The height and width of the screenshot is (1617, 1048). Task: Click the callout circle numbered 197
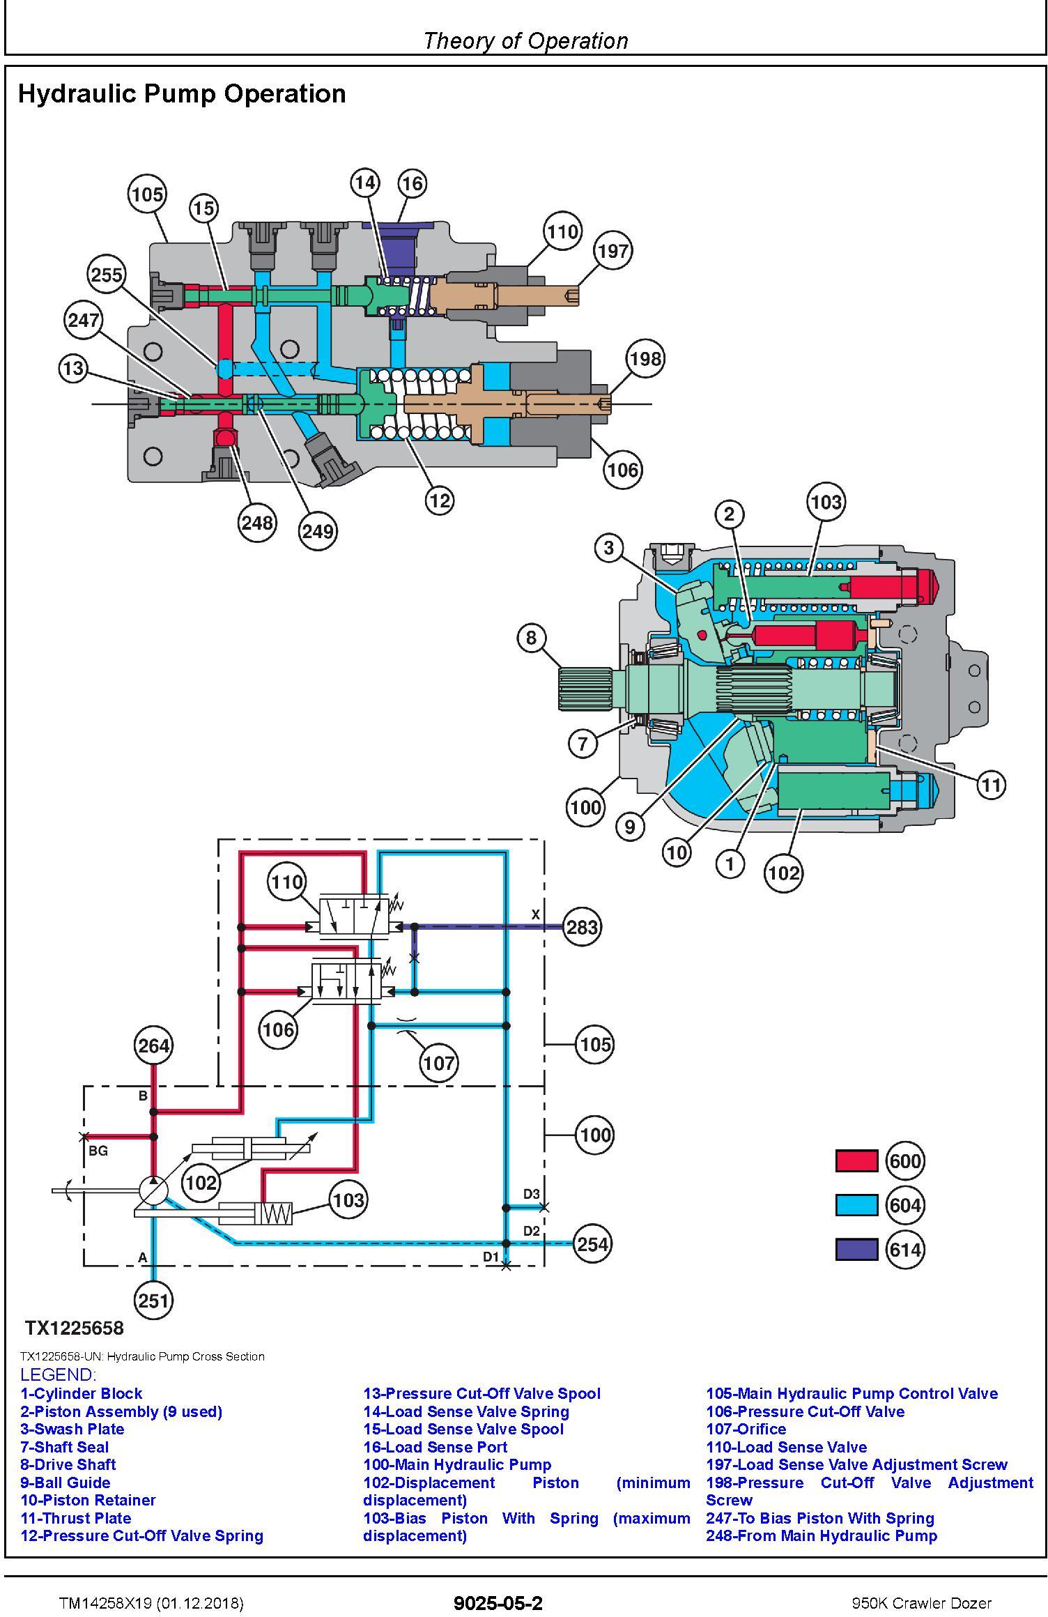point(613,251)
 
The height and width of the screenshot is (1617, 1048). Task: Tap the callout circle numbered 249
point(318,531)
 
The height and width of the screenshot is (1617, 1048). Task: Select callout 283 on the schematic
point(582,927)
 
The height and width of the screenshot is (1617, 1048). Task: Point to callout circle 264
point(153,1045)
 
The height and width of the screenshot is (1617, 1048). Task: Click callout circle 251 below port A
point(153,1300)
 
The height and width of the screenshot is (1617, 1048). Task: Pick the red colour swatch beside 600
point(856,1160)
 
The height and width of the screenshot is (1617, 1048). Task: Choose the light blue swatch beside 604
point(856,1205)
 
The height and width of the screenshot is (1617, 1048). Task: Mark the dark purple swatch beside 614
point(856,1250)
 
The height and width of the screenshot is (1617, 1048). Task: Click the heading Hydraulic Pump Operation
point(182,93)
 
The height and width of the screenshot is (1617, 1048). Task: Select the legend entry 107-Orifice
point(746,1429)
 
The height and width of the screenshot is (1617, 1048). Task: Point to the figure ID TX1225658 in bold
point(75,1328)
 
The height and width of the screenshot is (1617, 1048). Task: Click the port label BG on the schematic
point(98,1151)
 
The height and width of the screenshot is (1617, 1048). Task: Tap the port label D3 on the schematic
point(532,1194)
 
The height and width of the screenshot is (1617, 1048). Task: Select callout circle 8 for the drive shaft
point(532,638)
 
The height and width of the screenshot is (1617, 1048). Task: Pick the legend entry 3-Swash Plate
point(72,1429)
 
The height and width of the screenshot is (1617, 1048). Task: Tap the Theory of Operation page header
point(525,41)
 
